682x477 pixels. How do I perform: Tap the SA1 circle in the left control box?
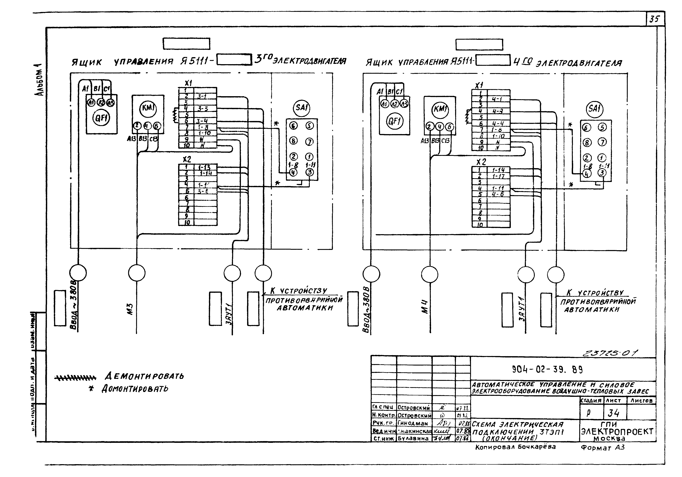pos(302,107)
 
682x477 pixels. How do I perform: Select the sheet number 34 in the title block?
pos(614,413)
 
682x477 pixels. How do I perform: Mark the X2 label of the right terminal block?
pos(481,162)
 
